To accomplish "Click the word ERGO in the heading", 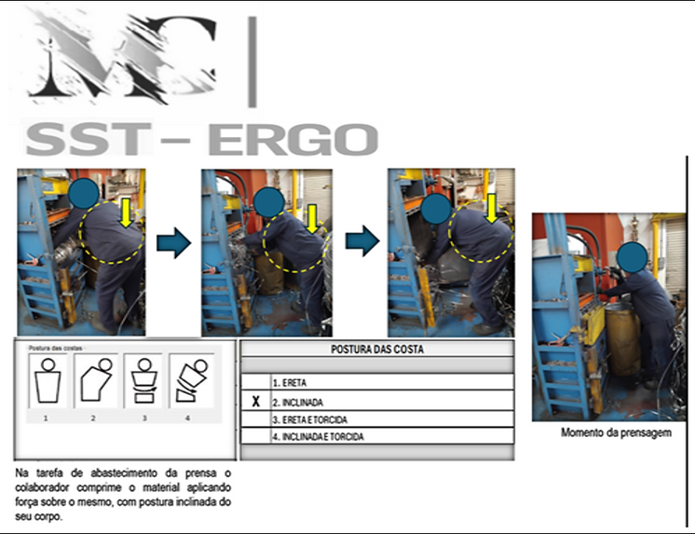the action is pyautogui.click(x=293, y=139).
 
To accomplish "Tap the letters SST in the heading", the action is pyautogui.click(x=89, y=139).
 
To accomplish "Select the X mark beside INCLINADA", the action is pyautogui.click(x=256, y=402).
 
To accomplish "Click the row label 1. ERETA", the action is pyautogui.click(x=290, y=383).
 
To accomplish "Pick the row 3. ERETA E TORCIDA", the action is pyautogui.click(x=310, y=419).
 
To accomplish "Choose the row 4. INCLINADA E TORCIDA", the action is pyautogui.click(x=319, y=437).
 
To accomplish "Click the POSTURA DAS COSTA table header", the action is pyautogui.click(x=377, y=349).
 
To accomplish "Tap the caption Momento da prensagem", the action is pyautogui.click(x=616, y=432).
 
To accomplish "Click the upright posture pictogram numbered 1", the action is pyautogui.click(x=48, y=380).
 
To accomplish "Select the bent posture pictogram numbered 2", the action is pyautogui.click(x=96, y=380).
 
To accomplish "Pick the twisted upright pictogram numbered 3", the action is pyautogui.click(x=143, y=380).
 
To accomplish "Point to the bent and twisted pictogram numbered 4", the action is pyautogui.click(x=192, y=380).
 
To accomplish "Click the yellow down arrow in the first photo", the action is pyautogui.click(x=126, y=212).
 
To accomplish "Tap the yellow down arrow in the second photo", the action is pyautogui.click(x=312, y=219).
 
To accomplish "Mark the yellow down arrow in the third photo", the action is pyautogui.click(x=491, y=209).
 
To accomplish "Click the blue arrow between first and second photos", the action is pyautogui.click(x=173, y=242).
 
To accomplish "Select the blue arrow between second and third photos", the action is pyautogui.click(x=362, y=240).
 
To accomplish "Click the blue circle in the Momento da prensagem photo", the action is pyautogui.click(x=632, y=257).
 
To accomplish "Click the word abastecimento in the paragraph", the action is pyautogui.click(x=122, y=472).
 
